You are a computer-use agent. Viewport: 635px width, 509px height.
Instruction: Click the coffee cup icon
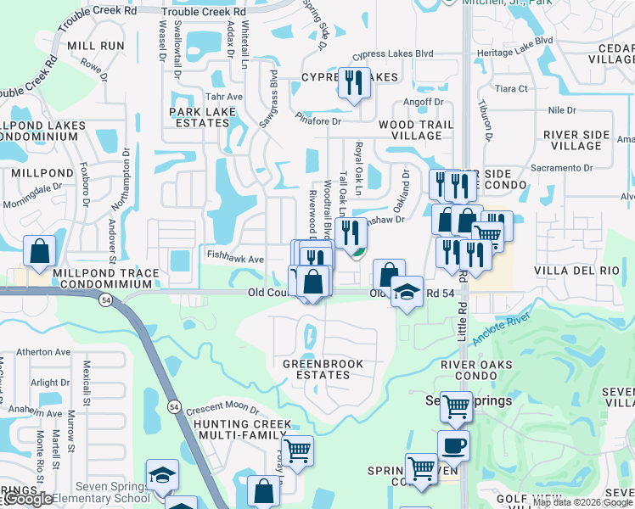453,445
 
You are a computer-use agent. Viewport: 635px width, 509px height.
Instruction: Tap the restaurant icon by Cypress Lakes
354,83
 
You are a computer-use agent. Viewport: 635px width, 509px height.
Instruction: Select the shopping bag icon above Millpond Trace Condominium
39,251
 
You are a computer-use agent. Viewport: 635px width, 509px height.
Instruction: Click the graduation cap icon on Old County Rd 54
407,293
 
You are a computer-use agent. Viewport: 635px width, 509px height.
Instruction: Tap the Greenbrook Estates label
323,369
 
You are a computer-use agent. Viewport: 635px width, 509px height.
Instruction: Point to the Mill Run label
95,45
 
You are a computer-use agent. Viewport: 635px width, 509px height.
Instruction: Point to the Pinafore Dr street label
318,121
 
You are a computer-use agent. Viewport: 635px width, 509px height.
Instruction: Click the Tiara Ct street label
511,88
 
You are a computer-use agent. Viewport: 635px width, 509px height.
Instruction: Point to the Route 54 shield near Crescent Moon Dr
173,406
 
